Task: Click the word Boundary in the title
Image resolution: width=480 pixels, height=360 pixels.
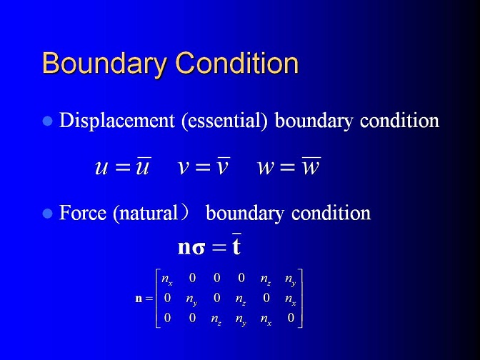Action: (104, 64)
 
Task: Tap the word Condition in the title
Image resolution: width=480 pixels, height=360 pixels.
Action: (237, 63)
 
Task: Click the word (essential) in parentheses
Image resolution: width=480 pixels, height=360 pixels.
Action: (224, 121)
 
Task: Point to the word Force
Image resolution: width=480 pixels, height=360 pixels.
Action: (83, 212)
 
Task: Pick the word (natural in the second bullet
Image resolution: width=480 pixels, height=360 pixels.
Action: (146, 214)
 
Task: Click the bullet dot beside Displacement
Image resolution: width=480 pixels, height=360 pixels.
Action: (47, 121)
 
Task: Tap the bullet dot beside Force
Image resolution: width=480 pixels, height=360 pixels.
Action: (47, 213)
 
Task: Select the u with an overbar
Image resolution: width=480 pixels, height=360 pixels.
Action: (143, 166)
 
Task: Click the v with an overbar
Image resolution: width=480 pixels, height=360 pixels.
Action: (223, 166)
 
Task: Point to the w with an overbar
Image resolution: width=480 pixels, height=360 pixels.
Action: (311, 166)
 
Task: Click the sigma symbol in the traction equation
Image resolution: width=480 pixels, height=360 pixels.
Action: (199, 249)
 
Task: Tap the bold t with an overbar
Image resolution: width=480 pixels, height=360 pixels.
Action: (236, 244)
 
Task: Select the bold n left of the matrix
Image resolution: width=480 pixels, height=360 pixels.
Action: (139, 299)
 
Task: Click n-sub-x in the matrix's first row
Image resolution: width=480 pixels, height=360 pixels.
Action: (167, 279)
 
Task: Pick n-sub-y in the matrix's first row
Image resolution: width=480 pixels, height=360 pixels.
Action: (290, 279)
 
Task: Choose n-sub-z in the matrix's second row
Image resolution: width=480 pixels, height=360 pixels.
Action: (240, 299)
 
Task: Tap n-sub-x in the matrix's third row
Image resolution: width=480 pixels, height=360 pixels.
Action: (266, 319)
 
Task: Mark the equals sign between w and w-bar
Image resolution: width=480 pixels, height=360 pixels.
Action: (287, 168)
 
